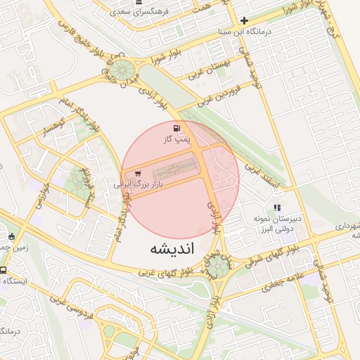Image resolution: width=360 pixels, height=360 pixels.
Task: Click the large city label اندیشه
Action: [x=172, y=249]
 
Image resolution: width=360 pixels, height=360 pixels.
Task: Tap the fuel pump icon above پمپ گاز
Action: [x=174, y=129]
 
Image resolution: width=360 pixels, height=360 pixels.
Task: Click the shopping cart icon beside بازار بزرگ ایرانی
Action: [x=137, y=173]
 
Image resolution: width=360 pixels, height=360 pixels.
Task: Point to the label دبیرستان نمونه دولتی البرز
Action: [x=278, y=224]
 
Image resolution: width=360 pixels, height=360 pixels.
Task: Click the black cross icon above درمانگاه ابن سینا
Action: [x=244, y=20]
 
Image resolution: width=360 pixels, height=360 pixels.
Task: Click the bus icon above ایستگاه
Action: [x=4, y=270]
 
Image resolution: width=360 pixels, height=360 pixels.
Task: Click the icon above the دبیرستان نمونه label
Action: [x=278, y=207]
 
